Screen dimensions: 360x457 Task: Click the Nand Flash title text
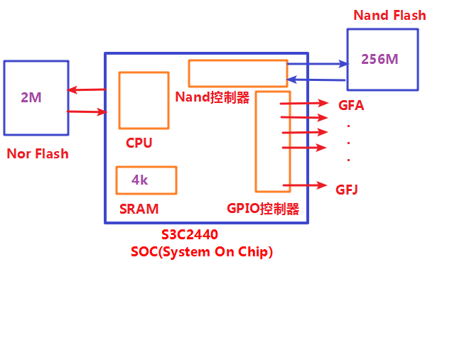(389, 15)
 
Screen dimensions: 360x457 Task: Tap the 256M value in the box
(380, 59)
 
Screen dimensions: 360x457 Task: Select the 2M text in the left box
(31, 97)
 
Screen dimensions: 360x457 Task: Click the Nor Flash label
(38, 153)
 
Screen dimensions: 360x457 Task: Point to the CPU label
(139, 143)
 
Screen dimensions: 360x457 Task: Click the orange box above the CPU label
(144, 100)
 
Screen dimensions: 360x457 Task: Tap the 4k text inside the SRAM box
(140, 180)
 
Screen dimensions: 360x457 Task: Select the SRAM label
(139, 209)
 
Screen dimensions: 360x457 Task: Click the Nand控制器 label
(213, 98)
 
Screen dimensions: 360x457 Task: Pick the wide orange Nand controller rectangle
(237, 74)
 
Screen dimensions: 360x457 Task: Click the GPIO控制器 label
(263, 209)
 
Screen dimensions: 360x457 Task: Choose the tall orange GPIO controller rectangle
(273, 141)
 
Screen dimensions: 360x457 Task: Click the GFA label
(351, 106)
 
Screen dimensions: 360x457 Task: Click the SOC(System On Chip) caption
(202, 252)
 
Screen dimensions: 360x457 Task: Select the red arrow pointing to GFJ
(305, 186)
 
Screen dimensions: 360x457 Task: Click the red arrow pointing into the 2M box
(86, 89)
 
